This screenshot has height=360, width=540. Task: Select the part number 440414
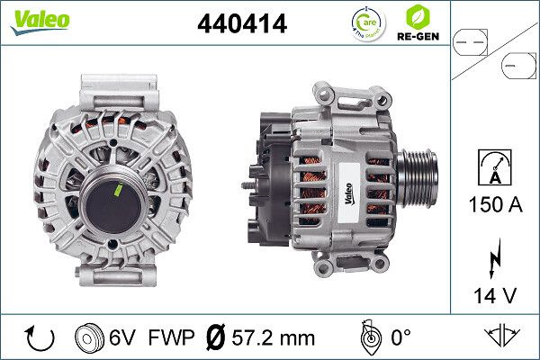tap(241, 24)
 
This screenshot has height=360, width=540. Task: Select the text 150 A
tap(493, 205)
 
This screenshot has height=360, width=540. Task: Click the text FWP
tap(172, 338)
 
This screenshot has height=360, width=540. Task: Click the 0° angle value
tap(401, 338)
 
